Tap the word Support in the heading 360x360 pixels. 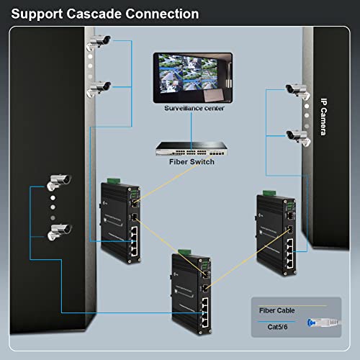point(37,14)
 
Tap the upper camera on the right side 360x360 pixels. point(295,90)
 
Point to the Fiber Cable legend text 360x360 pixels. point(277,310)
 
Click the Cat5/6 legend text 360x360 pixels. point(272,326)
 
